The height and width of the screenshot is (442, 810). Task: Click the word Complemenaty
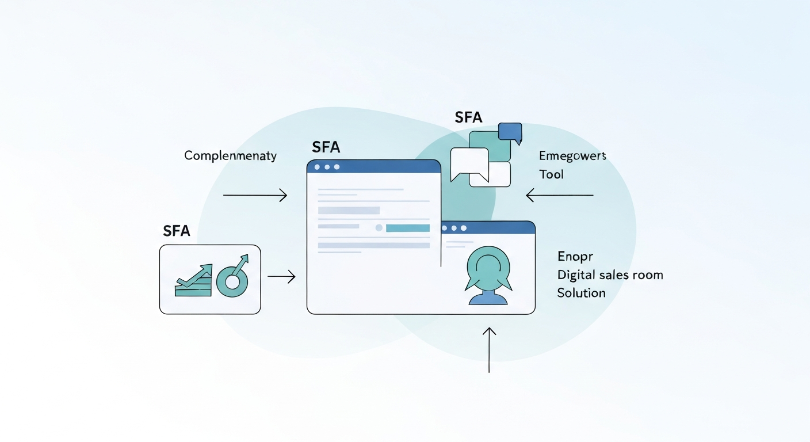tap(230, 155)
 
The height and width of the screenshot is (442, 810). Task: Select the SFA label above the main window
tap(326, 147)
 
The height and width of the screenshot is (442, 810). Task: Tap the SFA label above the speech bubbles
tap(468, 118)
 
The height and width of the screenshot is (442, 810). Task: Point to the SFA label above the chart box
tap(176, 231)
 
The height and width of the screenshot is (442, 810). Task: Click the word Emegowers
tap(572, 156)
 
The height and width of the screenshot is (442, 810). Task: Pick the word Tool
tap(551, 174)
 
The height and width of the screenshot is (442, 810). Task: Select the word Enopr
tap(575, 256)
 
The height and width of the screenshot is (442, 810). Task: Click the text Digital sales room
tap(610, 275)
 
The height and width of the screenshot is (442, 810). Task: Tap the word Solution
tap(581, 293)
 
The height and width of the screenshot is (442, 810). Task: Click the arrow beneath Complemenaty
tap(255, 196)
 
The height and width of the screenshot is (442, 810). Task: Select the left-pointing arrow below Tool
tap(559, 196)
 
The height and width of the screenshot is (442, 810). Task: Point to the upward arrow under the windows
tap(489, 349)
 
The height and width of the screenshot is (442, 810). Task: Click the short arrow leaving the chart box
tap(281, 277)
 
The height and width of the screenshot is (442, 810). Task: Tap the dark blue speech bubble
tap(510, 132)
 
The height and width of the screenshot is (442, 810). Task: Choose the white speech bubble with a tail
tap(468, 163)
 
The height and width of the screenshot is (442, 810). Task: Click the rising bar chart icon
tap(193, 281)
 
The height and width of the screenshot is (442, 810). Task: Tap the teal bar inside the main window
tap(407, 228)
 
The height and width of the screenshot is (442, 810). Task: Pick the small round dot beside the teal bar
tap(379, 228)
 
